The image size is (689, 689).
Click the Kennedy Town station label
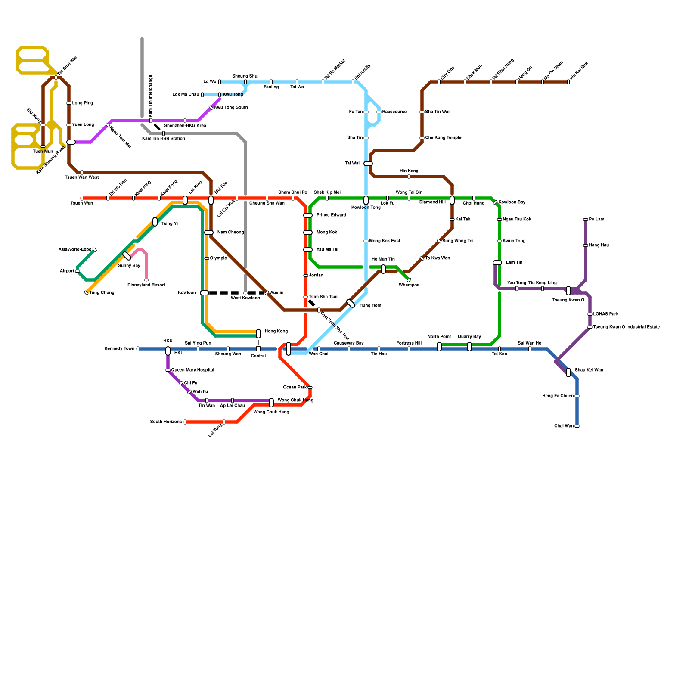tap(119, 349)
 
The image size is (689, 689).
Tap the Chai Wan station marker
tap(577, 426)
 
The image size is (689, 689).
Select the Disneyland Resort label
tap(146, 285)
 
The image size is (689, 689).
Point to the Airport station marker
tap(78, 271)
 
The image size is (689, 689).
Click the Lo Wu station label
tap(210, 82)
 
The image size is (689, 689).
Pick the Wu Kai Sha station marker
tap(568, 82)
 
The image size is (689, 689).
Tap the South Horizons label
tap(166, 422)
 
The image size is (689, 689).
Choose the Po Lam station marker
tap(586, 220)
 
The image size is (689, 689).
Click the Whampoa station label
tap(409, 285)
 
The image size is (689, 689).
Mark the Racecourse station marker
tap(379, 112)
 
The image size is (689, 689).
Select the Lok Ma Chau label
tap(186, 95)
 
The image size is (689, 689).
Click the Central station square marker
tap(258, 349)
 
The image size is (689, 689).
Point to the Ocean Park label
tap(295, 388)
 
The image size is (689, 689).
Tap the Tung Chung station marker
tap(86, 293)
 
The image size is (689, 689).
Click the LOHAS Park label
tap(606, 314)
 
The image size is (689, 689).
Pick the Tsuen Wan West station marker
tap(82, 172)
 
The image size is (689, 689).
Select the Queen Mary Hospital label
tap(192, 370)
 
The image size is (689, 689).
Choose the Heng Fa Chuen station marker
tap(577, 396)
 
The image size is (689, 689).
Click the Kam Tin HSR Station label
tap(164, 139)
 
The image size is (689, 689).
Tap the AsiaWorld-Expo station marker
tap(95, 250)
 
